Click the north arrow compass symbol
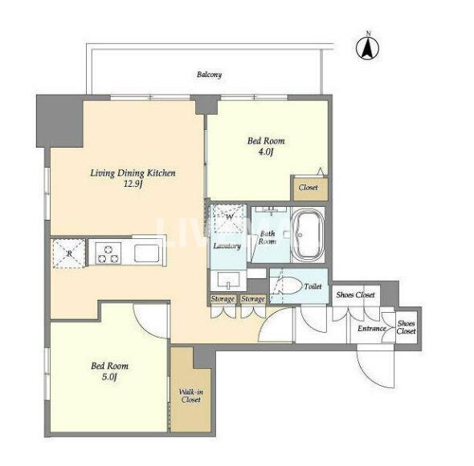tap(367, 47)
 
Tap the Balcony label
tap(209, 75)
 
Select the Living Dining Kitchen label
tap(133, 173)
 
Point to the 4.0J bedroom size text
tap(266, 152)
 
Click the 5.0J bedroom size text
tap(109, 377)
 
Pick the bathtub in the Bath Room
tap(308, 234)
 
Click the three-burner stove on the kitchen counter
tap(108, 254)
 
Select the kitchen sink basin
tap(147, 253)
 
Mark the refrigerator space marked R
tap(69, 253)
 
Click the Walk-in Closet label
tap(190, 395)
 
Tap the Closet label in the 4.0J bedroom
tap(309, 188)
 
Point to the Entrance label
tap(372, 328)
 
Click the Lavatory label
tap(227, 246)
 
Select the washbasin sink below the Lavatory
tap(228, 280)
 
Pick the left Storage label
tap(223, 299)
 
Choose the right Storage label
tap(253, 299)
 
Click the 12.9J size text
tap(133, 184)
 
